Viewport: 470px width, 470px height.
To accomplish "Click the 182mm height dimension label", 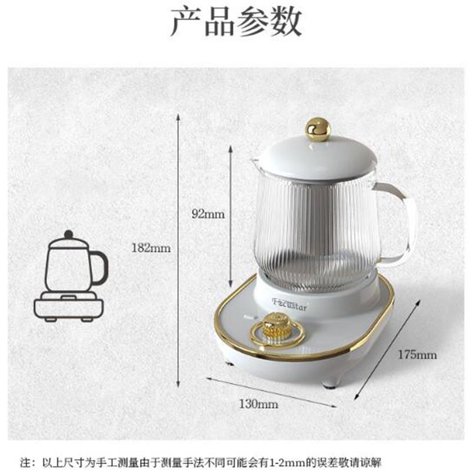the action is coord(151,248).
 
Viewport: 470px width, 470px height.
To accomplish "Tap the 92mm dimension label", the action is coord(208,214).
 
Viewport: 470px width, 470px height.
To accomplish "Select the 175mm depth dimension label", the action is coord(417,355).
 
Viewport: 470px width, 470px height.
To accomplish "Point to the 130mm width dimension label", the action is coord(258,404).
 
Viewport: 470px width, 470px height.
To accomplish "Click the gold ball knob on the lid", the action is coord(318,129).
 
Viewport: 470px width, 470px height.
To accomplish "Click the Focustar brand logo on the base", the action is coord(290,304).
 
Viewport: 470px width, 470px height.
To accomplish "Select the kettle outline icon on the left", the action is coord(70,276).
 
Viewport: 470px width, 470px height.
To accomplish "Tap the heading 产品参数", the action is coord(236,22).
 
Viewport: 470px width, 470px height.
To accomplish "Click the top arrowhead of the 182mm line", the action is coord(178,117).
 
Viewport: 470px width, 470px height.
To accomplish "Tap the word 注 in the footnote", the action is coord(25,462).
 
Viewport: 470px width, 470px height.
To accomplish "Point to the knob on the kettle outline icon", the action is coord(69,234).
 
